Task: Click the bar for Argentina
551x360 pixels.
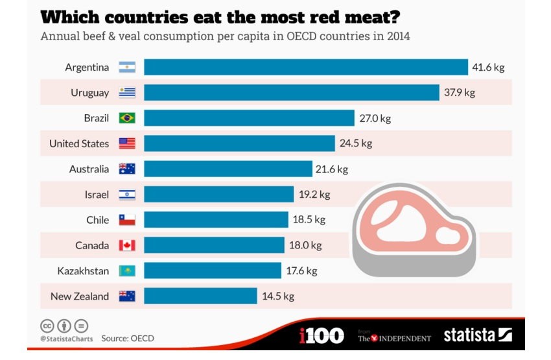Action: pos(305,67)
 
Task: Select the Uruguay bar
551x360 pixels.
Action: pos(291,92)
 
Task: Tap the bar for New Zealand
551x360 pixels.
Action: pos(200,296)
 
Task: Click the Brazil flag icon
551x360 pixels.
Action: pos(127,118)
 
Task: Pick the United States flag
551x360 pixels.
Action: pos(127,143)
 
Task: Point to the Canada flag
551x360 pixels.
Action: pos(127,245)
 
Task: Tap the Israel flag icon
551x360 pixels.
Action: pos(127,194)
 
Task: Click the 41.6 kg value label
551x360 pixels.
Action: pos(488,67)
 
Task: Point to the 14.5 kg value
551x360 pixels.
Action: pos(278,296)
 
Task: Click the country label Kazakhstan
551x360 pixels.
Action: pos(83,270)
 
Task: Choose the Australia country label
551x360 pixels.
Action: pos(89,169)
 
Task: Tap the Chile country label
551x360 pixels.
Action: pos(97,220)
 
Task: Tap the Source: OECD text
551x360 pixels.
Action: pos(128,338)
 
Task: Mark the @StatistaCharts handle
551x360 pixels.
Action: pos(66,338)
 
